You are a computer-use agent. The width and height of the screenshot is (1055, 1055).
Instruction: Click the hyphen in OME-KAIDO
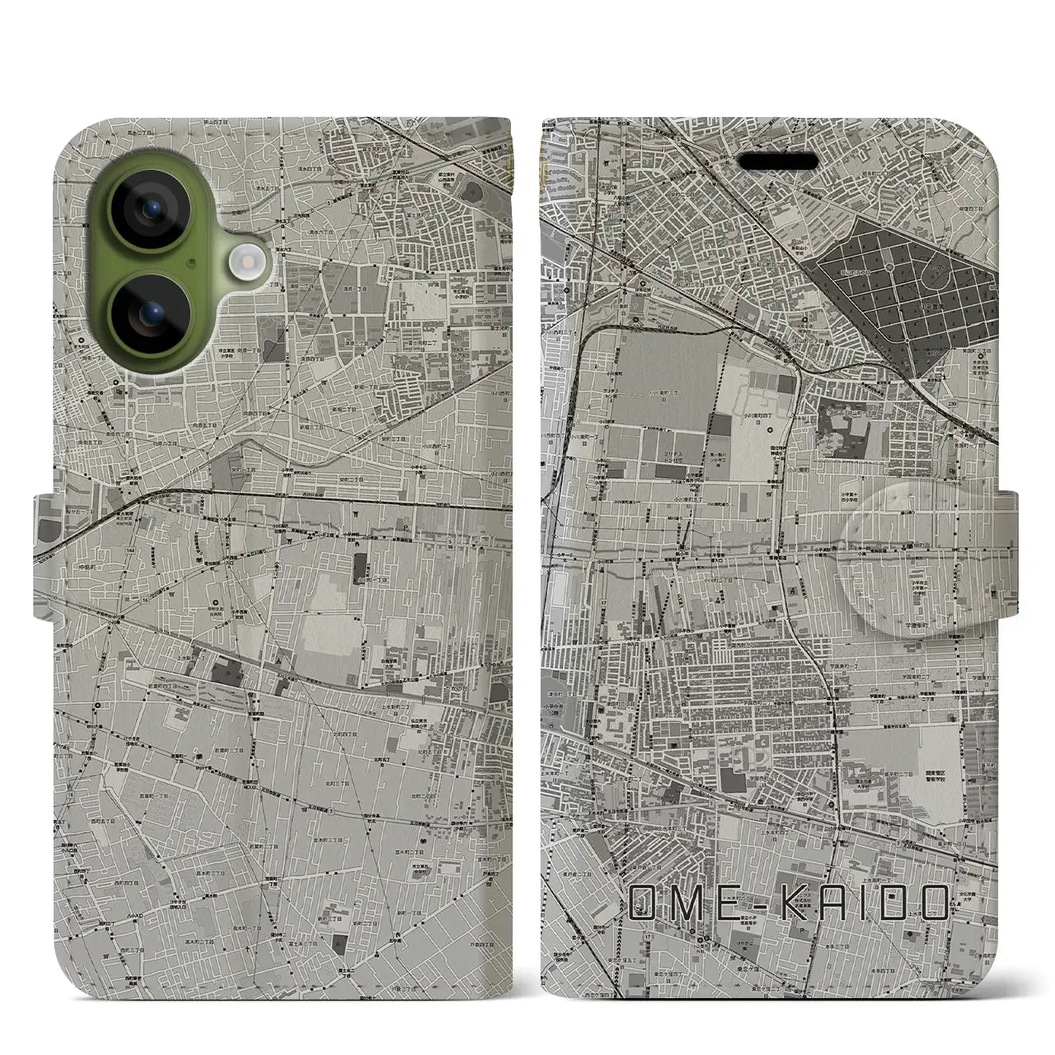[752, 903]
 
